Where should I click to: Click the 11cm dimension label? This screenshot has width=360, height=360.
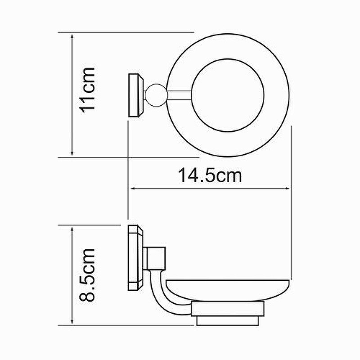tap(87, 90)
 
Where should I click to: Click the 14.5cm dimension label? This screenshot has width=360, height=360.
tap(210, 175)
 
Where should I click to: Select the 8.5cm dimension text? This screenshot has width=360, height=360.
tap(87, 275)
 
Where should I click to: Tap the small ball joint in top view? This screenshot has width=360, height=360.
tap(156, 95)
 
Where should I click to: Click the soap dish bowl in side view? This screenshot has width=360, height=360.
tap(227, 290)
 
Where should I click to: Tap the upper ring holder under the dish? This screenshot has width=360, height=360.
tap(228, 309)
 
